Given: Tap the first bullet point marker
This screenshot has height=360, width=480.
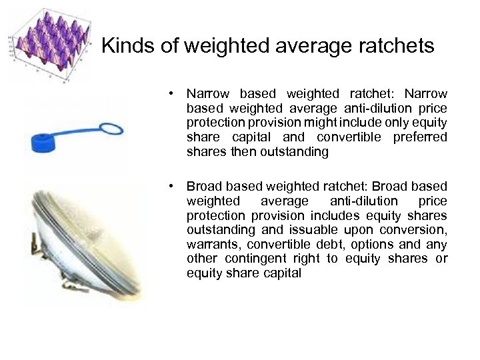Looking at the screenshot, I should point(171,94).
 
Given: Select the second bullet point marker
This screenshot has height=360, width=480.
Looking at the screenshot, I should point(171,186).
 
